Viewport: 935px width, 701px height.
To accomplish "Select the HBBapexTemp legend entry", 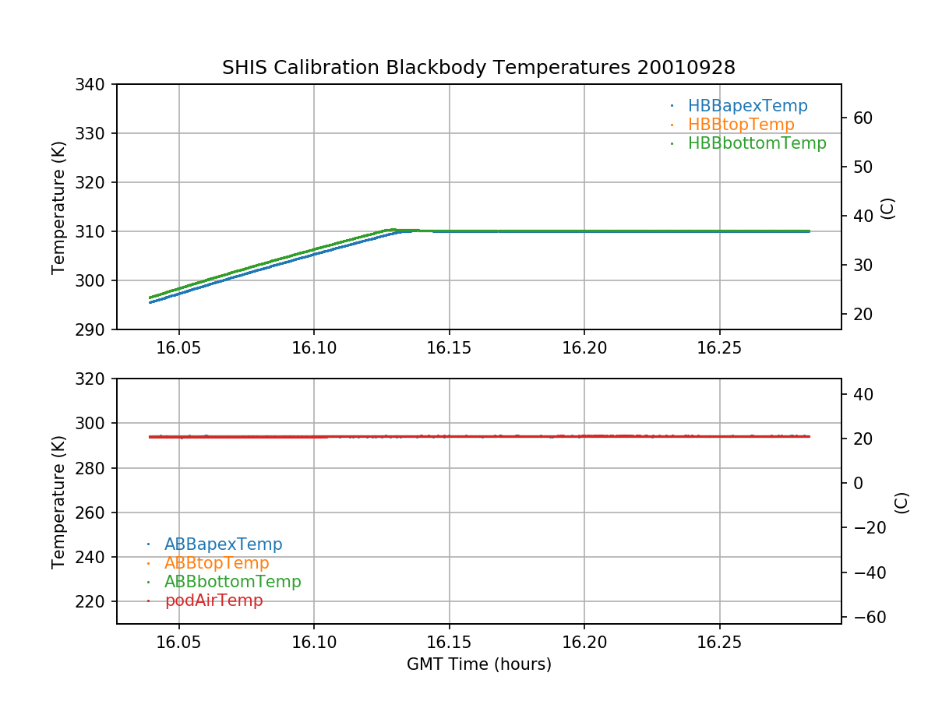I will click(747, 106).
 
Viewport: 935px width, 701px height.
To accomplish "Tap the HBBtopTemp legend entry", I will click(741, 125).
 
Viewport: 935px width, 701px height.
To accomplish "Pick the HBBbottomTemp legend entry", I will click(757, 143).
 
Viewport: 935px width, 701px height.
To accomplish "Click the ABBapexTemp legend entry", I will click(223, 544).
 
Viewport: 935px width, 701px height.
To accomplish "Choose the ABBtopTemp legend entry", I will click(217, 563).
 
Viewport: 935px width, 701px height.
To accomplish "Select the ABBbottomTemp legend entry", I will click(232, 582).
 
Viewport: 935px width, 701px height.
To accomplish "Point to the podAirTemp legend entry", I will click(213, 601).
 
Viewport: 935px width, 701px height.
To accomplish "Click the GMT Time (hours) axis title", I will click(478, 664).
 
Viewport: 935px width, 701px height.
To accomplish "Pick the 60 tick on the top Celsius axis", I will click(863, 118).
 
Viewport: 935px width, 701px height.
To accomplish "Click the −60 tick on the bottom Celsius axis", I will click(866, 617).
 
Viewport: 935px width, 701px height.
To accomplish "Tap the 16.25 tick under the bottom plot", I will click(718, 643).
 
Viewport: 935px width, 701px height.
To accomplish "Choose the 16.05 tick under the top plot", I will click(178, 348).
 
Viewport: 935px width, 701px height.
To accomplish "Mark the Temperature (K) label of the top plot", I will click(58, 207).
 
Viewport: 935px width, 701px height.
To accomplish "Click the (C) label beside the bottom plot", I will click(901, 502).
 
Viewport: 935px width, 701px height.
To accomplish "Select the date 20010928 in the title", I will click(686, 68).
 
